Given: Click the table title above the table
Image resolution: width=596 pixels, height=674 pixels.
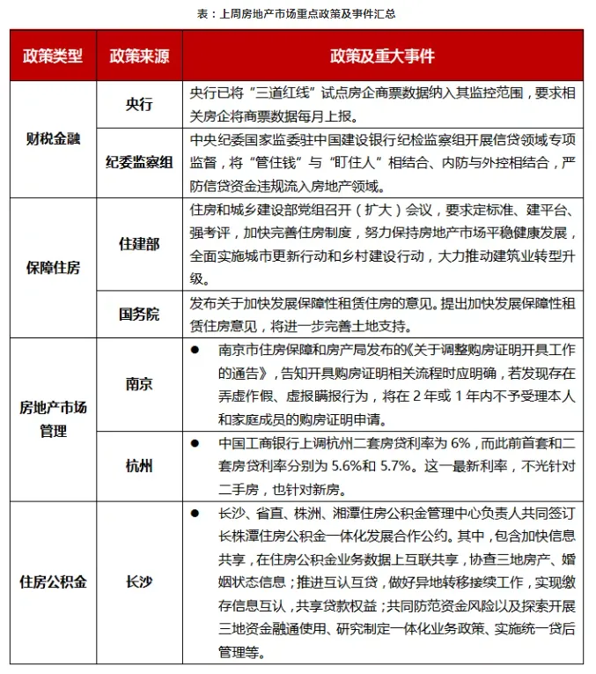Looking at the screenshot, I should pyautogui.click(x=297, y=14).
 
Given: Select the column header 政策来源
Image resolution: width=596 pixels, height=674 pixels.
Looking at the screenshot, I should pyautogui.click(x=139, y=56).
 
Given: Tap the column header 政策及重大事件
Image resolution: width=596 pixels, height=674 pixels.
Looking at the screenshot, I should pyautogui.click(x=382, y=56).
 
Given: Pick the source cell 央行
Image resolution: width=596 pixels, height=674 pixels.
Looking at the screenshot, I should pyautogui.click(x=139, y=104).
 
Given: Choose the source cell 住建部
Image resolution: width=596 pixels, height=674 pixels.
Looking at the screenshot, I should pyautogui.click(x=139, y=244).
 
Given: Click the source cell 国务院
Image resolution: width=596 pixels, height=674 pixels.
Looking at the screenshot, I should pyautogui.click(x=139, y=314).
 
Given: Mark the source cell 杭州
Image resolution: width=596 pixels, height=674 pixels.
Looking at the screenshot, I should pyautogui.click(x=139, y=464).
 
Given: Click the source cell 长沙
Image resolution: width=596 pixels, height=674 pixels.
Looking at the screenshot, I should pyautogui.click(x=139, y=582).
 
